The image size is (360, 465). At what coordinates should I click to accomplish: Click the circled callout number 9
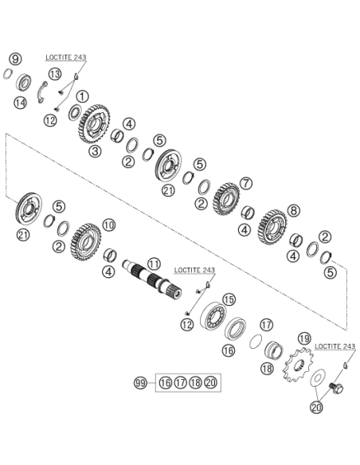(15, 59)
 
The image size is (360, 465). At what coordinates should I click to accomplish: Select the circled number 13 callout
(55, 74)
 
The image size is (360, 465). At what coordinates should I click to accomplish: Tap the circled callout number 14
(20, 103)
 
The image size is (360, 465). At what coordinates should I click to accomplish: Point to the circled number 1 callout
(82, 96)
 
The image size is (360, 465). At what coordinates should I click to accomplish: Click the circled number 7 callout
(246, 183)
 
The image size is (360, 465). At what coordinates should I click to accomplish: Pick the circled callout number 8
(293, 211)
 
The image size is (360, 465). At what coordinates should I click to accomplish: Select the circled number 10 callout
(109, 225)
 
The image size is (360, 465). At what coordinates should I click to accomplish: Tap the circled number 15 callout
(229, 299)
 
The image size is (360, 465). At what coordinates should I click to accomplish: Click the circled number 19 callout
(304, 338)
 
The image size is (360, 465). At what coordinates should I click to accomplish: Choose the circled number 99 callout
(140, 383)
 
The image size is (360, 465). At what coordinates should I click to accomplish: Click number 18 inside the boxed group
(195, 382)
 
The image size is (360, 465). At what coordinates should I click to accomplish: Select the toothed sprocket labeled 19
(298, 365)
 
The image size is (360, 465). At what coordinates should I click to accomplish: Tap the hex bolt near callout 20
(336, 388)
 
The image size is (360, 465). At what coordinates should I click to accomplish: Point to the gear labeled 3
(94, 124)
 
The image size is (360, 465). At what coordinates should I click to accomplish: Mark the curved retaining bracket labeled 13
(41, 92)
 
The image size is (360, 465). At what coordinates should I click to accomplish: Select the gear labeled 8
(272, 227)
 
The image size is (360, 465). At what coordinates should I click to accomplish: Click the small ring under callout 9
(8, 74)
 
